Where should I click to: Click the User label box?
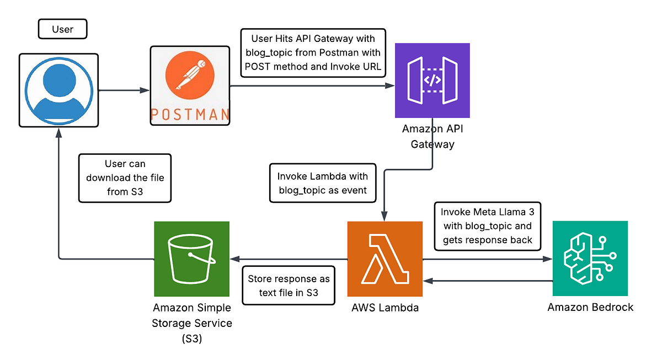(x=62, y=29)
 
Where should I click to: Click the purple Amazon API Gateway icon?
(x=432, y=80)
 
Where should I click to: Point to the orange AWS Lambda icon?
(x=385, y=259)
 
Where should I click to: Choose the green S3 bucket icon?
(x=191, y=259)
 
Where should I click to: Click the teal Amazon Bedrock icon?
(x=590, y=259)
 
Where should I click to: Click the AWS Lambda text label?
(x=385, y=308)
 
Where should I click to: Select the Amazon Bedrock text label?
(x=590, y=307)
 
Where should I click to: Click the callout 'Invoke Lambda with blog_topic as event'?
(x=322, y=183)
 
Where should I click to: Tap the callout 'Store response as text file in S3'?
(x=289, y=286)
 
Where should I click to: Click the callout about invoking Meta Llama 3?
(x=486, y=225)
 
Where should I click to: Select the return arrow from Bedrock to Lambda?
(x=488, y=281)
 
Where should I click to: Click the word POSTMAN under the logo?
(x=190, y=114)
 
